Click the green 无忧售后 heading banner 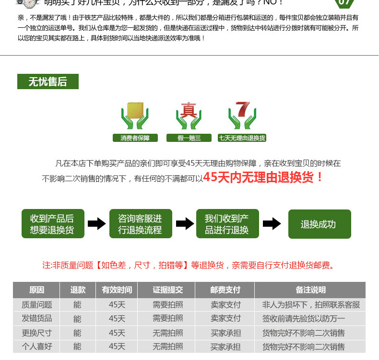(47, 81)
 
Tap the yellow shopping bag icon (135, 112)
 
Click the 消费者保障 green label (131, 138)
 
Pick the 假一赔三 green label (189, 138)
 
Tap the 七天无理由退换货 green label (242, 138)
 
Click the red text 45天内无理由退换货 (263, 177)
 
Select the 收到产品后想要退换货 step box (53, 224)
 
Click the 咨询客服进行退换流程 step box (140, 224)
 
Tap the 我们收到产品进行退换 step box (227, 224)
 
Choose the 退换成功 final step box (319, 224)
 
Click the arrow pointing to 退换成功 (272, 224)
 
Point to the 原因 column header (36, 290)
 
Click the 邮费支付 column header (225, 290)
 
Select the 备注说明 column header (310, 290)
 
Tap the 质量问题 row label (36, 304)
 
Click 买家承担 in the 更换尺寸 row (225, 333)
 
